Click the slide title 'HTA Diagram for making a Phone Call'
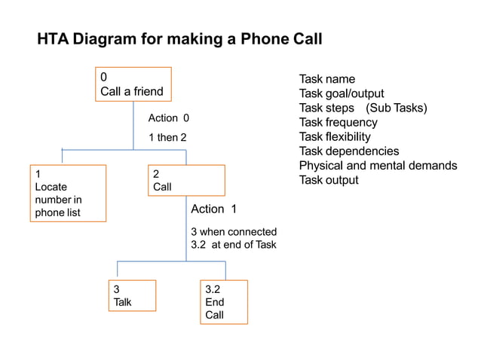[179, 39]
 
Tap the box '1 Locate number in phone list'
[68, 193]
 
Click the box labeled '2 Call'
[186, 181]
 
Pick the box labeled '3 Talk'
[133, 295]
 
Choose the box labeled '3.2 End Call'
[223, 301]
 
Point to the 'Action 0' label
[169, 118]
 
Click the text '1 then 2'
[167, 138]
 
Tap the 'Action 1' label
[213, 209]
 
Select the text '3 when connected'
[234, 232]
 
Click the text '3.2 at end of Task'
[234, 245]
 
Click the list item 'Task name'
[326, 79]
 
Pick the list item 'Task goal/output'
[342, 93]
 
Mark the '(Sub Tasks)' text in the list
[397, 108]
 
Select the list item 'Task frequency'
[338, 122]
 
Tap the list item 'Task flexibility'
[335, 136]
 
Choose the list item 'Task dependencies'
[349, 151]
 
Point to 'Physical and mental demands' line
[378, 166]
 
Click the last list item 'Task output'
[329, 180]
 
